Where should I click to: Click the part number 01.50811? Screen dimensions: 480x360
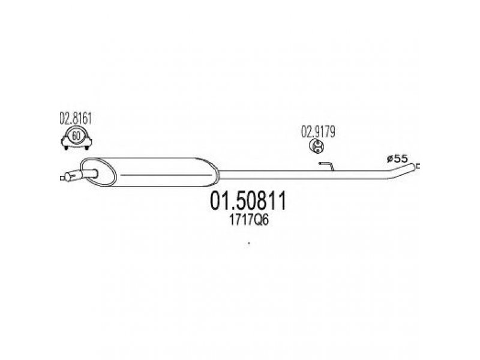click(x=248, y=200)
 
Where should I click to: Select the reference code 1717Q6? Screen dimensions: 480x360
click(x=249, y=220)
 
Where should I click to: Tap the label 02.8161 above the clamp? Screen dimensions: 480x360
click(x=76, y=119)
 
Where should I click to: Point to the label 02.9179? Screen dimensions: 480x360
click(x=318, y=132)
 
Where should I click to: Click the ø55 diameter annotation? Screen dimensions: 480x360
click(x=397, y=158)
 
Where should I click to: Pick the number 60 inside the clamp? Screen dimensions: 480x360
click(x=76, y=136)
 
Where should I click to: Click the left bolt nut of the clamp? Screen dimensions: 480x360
click(x=66, y=148)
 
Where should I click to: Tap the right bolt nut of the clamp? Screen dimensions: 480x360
click(x=86, y=148)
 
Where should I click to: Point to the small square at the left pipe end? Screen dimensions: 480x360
click(x=62, y=178)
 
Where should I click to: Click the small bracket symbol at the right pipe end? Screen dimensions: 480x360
click(x=418, y=166)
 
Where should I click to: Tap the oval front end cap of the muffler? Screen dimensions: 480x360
click(x=98, y=172)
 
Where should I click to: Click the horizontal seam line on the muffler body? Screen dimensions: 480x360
click(x=166, y=175)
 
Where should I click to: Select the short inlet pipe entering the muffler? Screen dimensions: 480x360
click(x=89, y=173)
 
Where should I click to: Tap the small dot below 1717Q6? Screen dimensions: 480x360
click(x=248, y=244)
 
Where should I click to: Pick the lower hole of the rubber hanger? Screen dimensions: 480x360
click(x=319, y=149)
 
